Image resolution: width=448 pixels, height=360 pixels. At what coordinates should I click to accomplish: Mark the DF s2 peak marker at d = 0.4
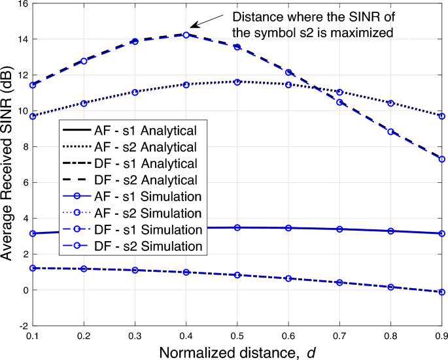tap(186, 35)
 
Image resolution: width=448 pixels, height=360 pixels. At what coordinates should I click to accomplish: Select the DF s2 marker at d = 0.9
tap(441, 159)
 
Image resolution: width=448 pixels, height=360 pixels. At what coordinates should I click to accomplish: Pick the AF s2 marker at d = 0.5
tap(237, 82)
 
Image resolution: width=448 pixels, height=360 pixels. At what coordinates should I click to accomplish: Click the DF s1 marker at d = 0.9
tap(441, 292)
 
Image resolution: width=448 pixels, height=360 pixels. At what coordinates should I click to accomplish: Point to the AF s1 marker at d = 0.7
tap(339, 229)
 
